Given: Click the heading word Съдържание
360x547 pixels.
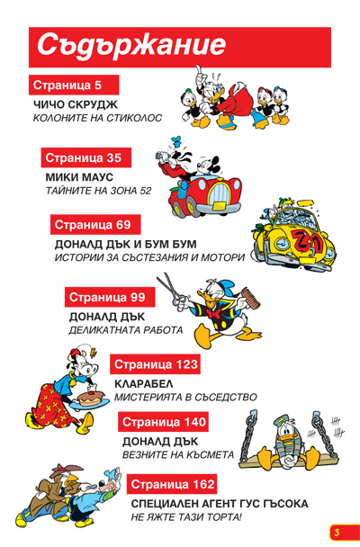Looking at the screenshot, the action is click(x=131, y=45).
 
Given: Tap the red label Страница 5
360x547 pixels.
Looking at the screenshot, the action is click(x=74, y=85).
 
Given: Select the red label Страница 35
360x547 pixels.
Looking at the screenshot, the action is click(x=86, y=157).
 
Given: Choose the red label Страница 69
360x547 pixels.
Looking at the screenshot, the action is click(x=95, y=225).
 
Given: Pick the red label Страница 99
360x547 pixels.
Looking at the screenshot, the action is click(x=110, y=297).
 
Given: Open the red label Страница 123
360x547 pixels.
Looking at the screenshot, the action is click(x=155, y=364).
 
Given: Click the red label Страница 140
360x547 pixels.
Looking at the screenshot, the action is click(x=163, y=422).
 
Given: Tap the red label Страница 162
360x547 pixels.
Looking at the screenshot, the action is click(x=172, y=484).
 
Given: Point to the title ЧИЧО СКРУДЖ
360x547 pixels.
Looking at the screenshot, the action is click(x=76, y=104).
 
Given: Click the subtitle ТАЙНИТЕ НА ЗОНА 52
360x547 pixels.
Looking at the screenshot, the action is click(x=99, y=191).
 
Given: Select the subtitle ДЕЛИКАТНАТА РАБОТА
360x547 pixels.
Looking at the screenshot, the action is click(x=126, y=330).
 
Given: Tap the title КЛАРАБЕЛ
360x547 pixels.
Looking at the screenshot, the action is click(x=144, y=384).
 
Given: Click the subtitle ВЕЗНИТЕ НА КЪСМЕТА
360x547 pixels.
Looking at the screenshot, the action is click(x=178, y=455).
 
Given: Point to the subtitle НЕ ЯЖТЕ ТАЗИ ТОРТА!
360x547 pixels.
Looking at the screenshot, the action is click(x=186, y=517).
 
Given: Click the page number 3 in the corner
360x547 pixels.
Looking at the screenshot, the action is click(x=337, y=533).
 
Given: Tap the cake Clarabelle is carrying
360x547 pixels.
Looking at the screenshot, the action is click(x=91, y=398).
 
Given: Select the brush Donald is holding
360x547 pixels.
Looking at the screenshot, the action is click(x=250, y=298).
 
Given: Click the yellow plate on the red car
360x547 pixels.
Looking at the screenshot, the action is click(x=220, y=205).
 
